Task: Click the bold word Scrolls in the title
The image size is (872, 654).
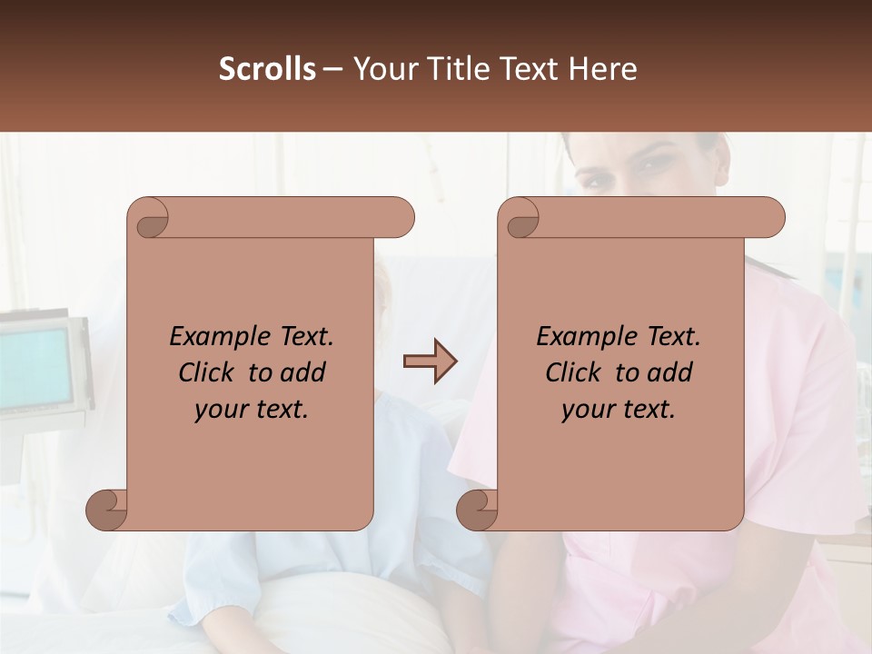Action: (267, 69)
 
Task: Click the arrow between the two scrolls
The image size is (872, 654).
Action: (430, 362)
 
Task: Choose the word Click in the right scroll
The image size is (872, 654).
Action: (573, 373)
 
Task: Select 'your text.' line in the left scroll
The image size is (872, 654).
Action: (252, 410)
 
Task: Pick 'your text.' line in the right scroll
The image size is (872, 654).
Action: (619, 410)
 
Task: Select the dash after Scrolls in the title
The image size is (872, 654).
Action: (333, 69)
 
